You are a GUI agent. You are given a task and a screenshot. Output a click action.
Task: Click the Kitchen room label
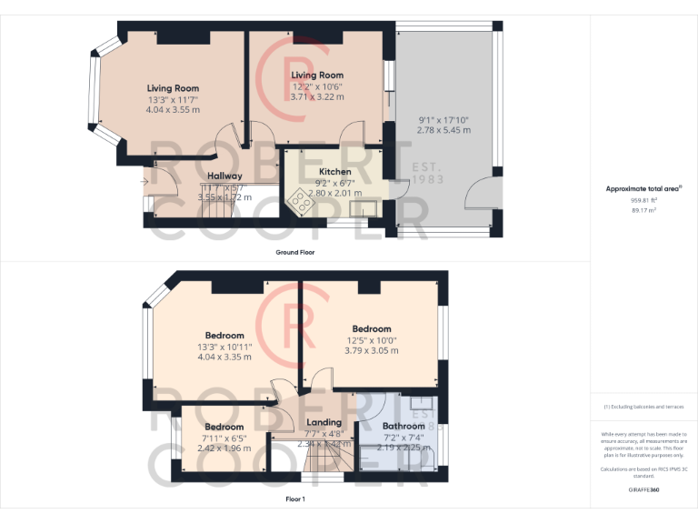pyautogui.click(x=334, y=171)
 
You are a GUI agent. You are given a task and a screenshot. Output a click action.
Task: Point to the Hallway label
pyautogui.click(x=224, y=176)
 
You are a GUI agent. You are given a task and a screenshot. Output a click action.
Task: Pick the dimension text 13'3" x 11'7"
pyautogui.click(x=173, y=99)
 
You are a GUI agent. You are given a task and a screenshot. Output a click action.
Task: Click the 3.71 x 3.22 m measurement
pyautogui.click(x=317, y=96)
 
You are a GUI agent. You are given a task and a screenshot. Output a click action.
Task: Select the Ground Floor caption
pyautogui.click(x=294, y=252)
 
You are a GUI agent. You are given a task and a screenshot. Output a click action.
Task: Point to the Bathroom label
pyautogui.click(x=403, y=426)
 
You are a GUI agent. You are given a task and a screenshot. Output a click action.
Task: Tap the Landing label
pyautogui.click(x=324, y=422)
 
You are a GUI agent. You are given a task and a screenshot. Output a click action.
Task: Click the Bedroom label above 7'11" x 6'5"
pyautogui.click(x=224, y=427)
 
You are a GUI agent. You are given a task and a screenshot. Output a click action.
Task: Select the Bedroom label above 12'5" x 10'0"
pyautogui.click(x=372, y=328)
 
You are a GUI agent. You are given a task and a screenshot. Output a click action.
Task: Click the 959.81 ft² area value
pyautogui.click(x=643, y=200)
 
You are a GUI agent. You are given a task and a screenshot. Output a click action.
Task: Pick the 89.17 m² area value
pyautogui.click(x=643, y=209)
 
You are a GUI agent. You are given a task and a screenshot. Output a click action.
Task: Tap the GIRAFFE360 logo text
pyautogui.click(x=643, y=490)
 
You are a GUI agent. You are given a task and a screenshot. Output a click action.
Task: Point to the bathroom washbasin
pyautogui.click(x=421, y=402)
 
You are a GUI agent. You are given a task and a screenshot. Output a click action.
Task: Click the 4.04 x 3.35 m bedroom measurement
pyautogui.click(x=224, y=357)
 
